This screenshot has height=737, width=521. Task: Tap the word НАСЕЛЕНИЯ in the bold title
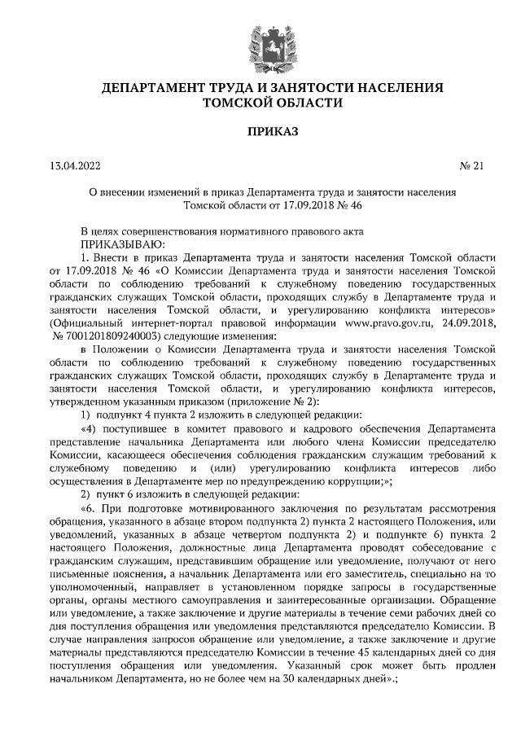pos(390,86)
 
